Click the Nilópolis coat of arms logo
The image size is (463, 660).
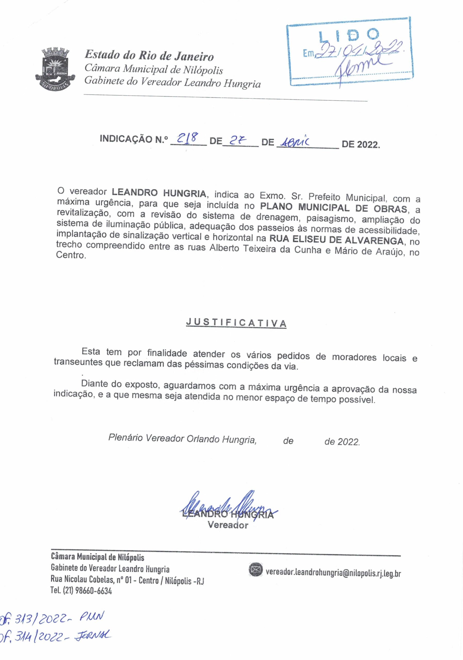click(55, 68)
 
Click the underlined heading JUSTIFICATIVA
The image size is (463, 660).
click(236, 323)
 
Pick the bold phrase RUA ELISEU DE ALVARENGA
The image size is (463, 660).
click(336, 240)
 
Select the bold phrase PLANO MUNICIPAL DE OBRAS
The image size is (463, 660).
click(334, 208)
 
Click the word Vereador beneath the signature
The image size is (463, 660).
click(228, 525)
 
